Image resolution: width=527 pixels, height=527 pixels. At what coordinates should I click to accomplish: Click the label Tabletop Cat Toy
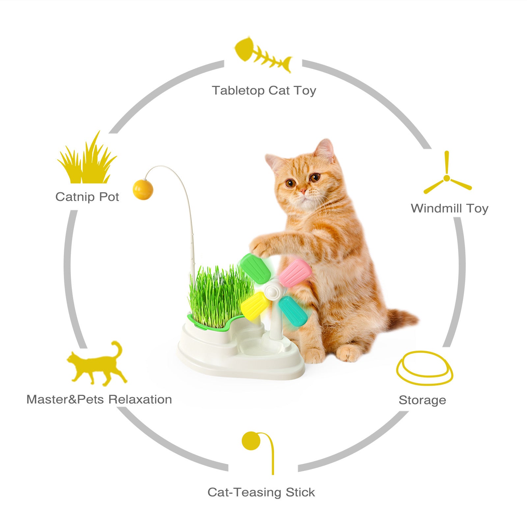coord(264,90)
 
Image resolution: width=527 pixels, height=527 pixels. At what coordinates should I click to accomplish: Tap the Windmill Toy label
coord(449,208)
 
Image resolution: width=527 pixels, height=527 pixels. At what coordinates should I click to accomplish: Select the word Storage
coord(422,400)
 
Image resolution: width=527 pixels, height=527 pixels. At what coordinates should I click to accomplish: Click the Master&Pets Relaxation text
coord(99,399)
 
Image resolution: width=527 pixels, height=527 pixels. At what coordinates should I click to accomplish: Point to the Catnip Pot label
coord(87,197)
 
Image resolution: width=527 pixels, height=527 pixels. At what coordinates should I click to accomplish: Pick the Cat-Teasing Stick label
coord(261,492)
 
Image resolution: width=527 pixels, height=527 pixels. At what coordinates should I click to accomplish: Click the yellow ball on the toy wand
coord(143,189)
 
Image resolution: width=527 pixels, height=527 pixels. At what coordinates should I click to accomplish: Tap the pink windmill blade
coord(295,272)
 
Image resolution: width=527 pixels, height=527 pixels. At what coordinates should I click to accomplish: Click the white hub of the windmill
coord(271,290)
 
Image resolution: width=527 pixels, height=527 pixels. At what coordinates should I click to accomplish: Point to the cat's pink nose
coord(303,191)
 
